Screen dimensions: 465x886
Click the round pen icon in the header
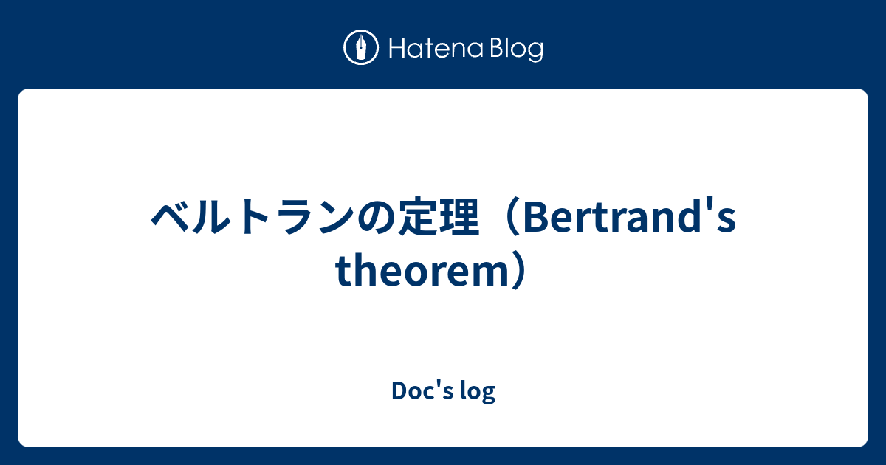pos(361,49)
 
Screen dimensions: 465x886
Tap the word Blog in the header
pos(515,49)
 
